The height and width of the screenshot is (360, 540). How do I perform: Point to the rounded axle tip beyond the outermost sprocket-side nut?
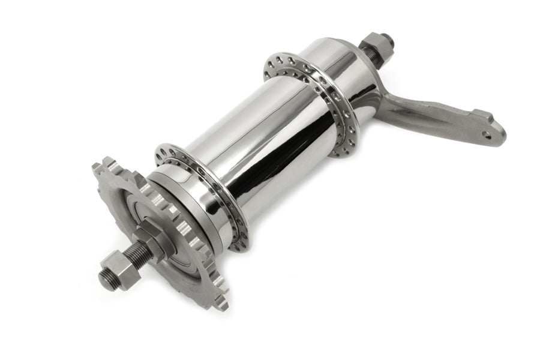(x=104, y=280)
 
